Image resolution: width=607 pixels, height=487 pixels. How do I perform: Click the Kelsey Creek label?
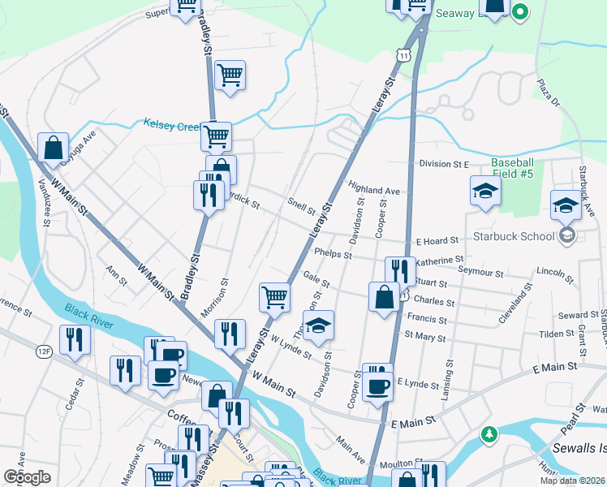click(x=172, y=125)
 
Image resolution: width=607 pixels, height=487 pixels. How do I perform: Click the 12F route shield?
click(x=43, y=351)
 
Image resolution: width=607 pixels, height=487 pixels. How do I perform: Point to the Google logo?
click(x=28, y=476)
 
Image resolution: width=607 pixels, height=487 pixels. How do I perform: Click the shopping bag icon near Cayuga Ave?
click(x=53, y=149)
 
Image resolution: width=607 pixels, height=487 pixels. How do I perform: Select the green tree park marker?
click(x=487, y=433)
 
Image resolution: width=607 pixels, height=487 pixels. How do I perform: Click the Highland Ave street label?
click(x=374, y=191)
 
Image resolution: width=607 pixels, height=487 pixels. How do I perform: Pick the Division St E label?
click(x=445, y=164)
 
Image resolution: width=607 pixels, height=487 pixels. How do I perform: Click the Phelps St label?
click(x=333, y=254)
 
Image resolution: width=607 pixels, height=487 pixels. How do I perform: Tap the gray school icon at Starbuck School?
click(x=566, y=236)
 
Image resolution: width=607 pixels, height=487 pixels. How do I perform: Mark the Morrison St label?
click(x=214, y=299)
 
